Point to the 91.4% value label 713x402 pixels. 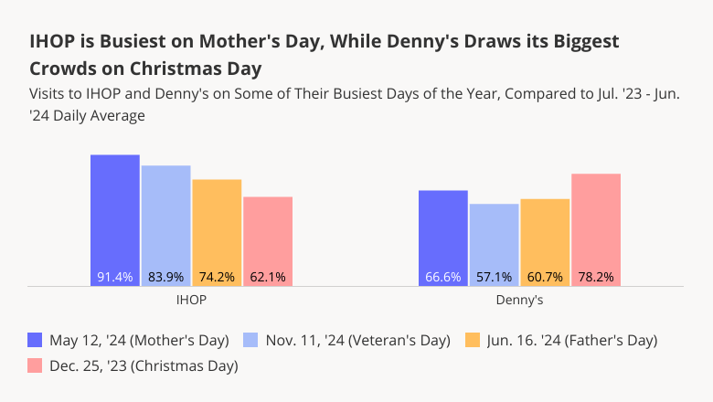pyautogui.click(x=115, y=277)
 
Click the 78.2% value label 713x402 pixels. pyautogui.click(x=596, y=277)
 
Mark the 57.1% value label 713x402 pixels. pyautogui.click(x=494, y=277)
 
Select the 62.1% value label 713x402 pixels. pyautogui.click(x=268, y=277)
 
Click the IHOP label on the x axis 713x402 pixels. pyautogui.click(x=191, y=300)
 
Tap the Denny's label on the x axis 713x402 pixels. pyautogui.click(x=520, y=300)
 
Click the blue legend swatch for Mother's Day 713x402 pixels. pyautogui.click(x=36, y=341)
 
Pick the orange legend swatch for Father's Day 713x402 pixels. pyautogui.click(x=473, y=341)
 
